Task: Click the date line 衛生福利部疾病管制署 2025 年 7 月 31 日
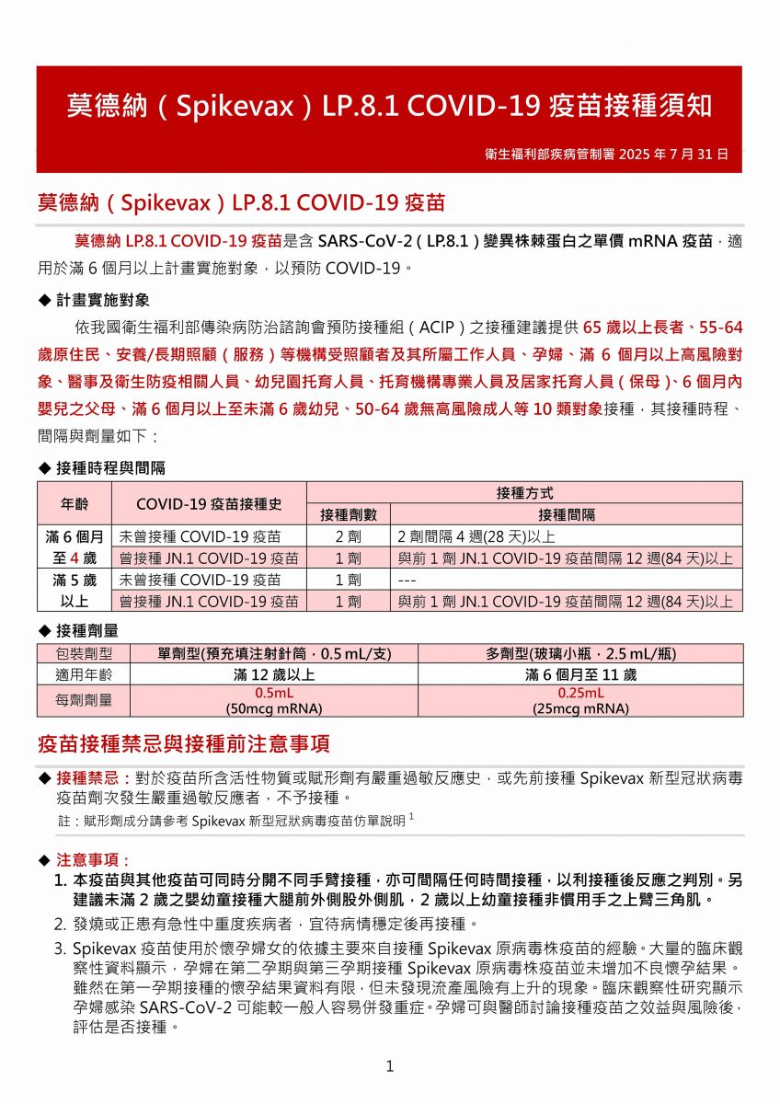607,154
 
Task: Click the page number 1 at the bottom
390,1066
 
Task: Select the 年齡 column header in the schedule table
75,503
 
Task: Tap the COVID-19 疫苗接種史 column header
209,503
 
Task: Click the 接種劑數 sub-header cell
348,514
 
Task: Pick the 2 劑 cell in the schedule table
348,536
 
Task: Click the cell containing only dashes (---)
408,581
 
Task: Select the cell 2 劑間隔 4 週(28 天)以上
476,536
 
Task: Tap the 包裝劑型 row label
85,654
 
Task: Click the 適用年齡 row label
85,674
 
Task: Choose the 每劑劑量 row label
85,700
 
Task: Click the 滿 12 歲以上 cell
274,674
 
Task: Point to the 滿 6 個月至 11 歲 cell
580,674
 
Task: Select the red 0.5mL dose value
274,693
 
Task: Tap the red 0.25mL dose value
580,693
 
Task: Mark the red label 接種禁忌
90,778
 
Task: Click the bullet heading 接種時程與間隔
110,468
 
